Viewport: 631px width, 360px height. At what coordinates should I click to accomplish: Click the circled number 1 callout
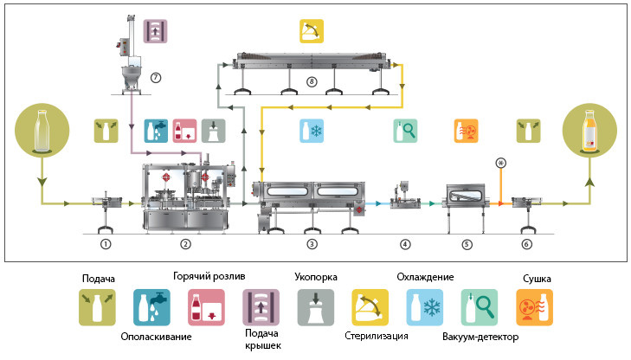(x=105, y=244)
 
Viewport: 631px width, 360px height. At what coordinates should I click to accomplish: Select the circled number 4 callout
(x=405, y=244)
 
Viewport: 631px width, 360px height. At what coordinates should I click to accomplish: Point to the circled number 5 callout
(x=467, y=244)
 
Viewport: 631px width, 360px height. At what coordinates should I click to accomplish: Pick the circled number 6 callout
(x=527, y=244)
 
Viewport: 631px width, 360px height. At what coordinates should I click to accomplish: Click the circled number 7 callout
(x=156, y=76)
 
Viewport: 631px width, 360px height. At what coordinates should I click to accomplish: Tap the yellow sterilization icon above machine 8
(x=311, y=32)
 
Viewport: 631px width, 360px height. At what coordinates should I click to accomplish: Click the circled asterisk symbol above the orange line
(x=499, y=163)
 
